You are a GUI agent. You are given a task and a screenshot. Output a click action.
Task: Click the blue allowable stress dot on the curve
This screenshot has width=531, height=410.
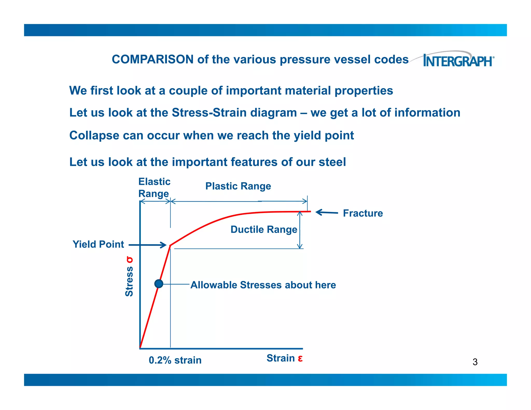tap(159, 284)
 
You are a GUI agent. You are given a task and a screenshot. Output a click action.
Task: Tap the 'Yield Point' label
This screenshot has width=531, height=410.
tap(98, 244)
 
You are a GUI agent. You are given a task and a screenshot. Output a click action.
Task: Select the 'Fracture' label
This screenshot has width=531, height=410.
tap(363, 213)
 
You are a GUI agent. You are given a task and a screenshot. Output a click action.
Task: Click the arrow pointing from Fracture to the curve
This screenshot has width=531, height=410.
tap(327, 213)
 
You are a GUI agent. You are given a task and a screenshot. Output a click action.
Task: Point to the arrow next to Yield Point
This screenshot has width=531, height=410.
tap(148, 245)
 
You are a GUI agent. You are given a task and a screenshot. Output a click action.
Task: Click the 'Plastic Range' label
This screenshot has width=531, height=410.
tap(238, 186)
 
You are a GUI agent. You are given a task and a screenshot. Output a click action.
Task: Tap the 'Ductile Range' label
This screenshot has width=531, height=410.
tap(264, 229)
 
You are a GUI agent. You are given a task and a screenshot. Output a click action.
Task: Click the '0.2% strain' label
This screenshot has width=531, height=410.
tap(175, 360)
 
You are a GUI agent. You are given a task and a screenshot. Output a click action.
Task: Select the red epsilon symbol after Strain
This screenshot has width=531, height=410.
tap(300, 358)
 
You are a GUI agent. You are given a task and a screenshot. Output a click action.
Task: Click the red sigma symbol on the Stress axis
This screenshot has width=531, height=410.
tap(129, 260)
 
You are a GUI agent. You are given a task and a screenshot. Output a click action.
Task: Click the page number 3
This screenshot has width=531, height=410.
tap(475, 362)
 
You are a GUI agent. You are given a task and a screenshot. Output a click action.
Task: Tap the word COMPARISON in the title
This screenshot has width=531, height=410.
tap(152, 59)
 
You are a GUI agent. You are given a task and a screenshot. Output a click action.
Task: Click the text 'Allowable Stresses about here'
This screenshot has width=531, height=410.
tap(263, 285)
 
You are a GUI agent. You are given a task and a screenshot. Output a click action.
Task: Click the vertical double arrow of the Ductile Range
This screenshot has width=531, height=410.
tap(300, 230)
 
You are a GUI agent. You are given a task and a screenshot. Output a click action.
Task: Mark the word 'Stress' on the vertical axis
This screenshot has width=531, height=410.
tap(129, 282)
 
